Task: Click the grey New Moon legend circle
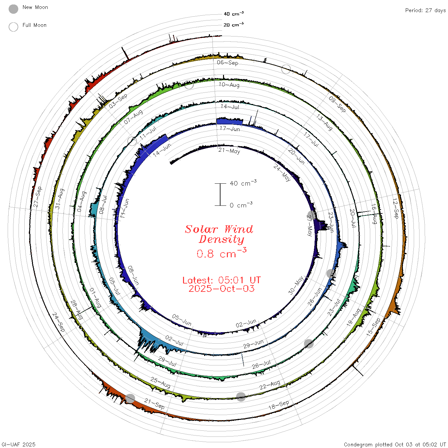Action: click(13, 9)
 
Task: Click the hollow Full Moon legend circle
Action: click(13, 27)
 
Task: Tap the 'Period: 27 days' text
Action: click(425, 11)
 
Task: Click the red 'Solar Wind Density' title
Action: click(219, 234)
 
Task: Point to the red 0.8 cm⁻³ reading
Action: click(221, 253)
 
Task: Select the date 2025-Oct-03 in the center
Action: click(221, 289)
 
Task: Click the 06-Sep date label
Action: click(228, 62)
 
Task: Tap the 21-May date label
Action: click(229, 151)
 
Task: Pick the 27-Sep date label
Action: click(37, 197)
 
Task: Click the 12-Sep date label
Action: click(395, 208)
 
